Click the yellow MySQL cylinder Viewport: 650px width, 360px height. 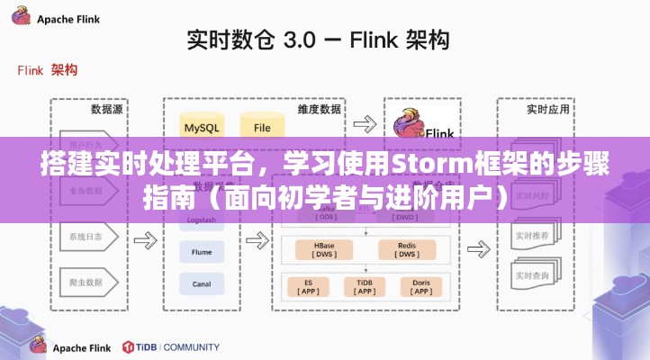tap(202, 126)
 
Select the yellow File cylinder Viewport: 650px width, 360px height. tap(262, 126)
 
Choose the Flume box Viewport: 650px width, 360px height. tap(202, 254)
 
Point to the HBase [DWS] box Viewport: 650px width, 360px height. tap(324, 249)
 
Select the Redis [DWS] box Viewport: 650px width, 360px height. tap(407, 249)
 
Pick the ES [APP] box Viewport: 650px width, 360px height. tap(307, 286)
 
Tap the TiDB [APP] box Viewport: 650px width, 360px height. tap(364, 286)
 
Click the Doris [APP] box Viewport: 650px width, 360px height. tap(421, 286)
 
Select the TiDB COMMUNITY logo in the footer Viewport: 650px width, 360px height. tap(171, 346)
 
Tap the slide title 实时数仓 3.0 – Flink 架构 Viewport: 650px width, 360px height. tap(319, 40)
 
